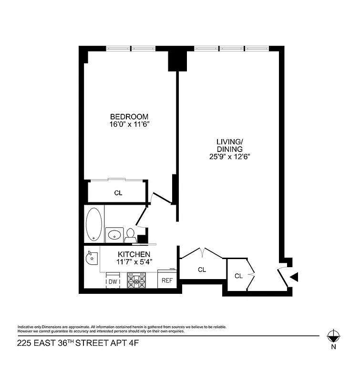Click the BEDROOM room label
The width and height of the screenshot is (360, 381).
pyautogui.click(x=129, y=117)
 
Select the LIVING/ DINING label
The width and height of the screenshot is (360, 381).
pyautogui.click(x=230, y=145)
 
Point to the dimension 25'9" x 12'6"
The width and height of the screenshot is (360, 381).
pyautogui.click(x=230, y=156)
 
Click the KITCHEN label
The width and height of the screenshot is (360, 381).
pyautogui.click(x=134, y=254)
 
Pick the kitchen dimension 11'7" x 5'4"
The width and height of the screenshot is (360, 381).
pyautogui.click(x=134, y=261)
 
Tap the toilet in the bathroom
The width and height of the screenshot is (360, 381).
pyautogui.click(x=129, y=235)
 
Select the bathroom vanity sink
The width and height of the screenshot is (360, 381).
pyautogui.click(x=114, y=234)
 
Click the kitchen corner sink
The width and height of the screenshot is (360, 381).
pyautogui.click(x=91, y=258)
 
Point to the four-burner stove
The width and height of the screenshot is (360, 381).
pyautogui.click(x=136, y=281)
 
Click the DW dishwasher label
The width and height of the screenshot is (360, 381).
pyautogui.click(x=113, y=282)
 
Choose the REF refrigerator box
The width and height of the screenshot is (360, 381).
pyautogui.click(x=167, y=281)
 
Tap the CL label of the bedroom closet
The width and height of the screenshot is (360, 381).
pyautogui.click(x=118, y=193)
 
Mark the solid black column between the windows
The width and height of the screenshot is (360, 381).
pyautogui.click(x=176, y=60)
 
